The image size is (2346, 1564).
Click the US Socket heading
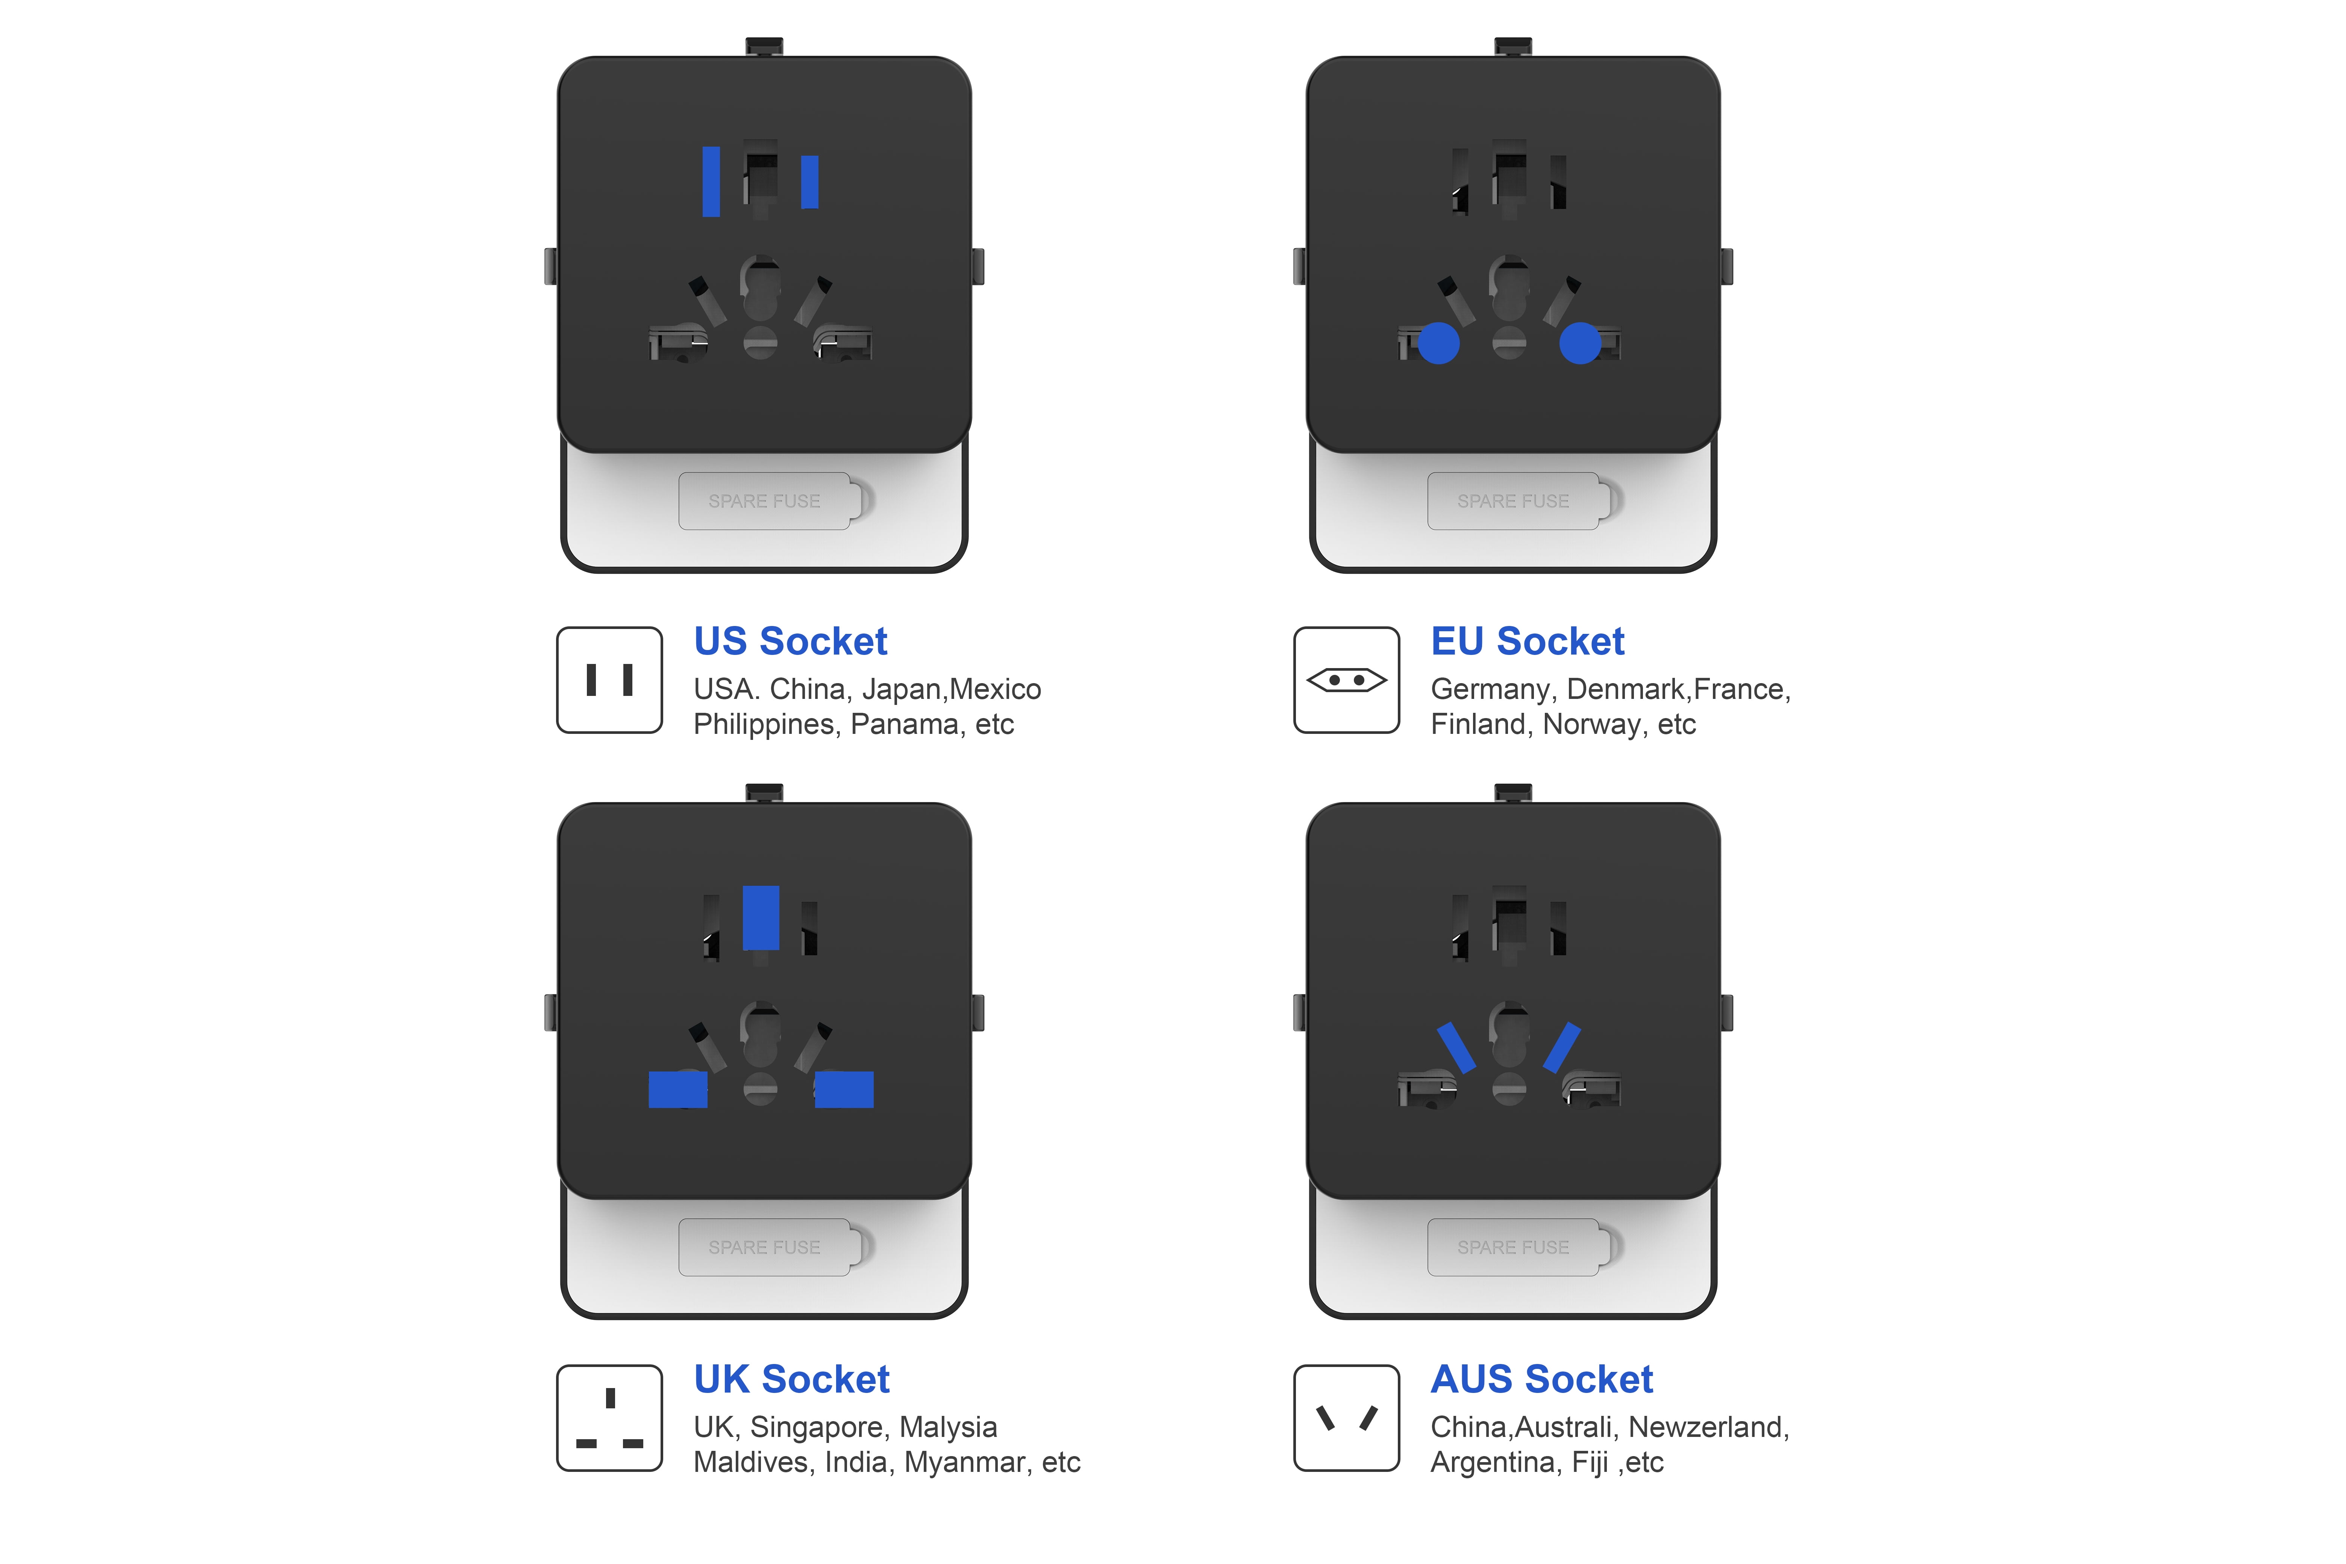coord(790,641)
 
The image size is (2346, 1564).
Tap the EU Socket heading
coord(1527,641)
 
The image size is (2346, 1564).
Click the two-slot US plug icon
coord(609,680)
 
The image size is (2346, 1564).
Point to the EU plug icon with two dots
coord(1347,680)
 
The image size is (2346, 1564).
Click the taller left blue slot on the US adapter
coord(711,182)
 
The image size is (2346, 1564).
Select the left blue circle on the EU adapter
coord(1438,343)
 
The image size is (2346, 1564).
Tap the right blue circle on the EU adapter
coord(1580,343)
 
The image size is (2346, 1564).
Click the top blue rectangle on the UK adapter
coord(761,918)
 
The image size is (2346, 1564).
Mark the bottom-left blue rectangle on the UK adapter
coord(678,1089)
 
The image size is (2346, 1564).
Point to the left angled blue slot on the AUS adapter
coord(1456,1047)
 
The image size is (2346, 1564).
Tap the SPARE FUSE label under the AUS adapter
coord(1513,1248)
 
